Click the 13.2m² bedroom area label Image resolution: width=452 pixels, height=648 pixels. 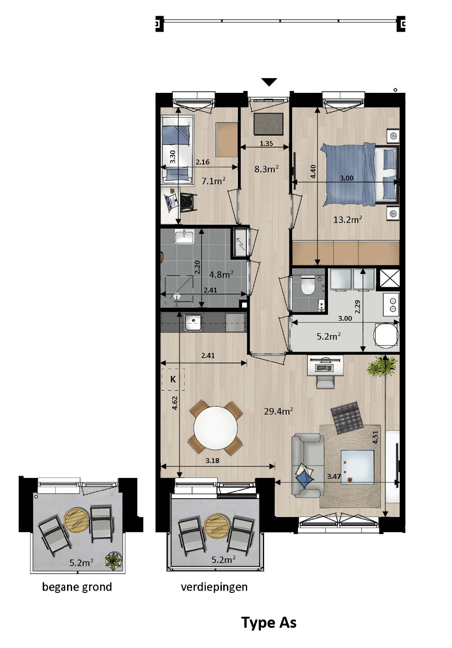[x=347, y=220]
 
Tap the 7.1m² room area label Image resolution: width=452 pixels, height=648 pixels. [x=213, y=181]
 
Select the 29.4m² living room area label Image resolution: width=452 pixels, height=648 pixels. [x=278, y=411]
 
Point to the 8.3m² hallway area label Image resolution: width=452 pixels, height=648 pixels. [x=266, y=169]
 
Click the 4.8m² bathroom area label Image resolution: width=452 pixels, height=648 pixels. [x=221, y=275]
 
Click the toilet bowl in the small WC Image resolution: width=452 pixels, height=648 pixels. [x=307, y=287]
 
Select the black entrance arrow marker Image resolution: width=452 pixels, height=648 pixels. [x=269, y=82]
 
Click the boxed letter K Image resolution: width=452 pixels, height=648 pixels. [x=173, y=379]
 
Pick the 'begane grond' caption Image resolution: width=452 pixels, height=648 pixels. [x=77, y=587]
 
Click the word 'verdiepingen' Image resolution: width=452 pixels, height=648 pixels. [x=214, y=587]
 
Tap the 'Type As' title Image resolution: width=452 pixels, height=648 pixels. [x=269, y=623]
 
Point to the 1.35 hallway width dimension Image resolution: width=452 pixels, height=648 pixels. [x=266, y=143]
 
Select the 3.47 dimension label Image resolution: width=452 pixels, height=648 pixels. [x=334, y=476]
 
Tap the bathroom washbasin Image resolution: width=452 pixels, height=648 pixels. [x=185, y=237]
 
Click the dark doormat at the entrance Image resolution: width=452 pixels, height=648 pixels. [x=269, y=124]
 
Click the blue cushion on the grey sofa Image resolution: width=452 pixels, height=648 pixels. [x=305, y=477]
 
